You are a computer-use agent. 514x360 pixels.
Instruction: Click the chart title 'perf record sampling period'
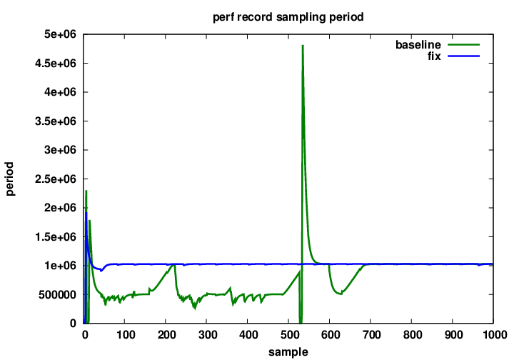tap(288, 16)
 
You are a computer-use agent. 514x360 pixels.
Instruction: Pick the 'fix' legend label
tap(433, 56)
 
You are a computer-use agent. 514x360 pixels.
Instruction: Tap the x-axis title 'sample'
tap(288, 351)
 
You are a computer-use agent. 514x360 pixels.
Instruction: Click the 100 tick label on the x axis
tap(125, 334)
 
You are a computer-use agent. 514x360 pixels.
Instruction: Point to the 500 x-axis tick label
tap(289, 334)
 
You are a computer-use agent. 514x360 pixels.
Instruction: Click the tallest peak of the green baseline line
tap(303, 46)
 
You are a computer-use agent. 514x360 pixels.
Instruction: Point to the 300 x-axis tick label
tap(207, 334)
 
